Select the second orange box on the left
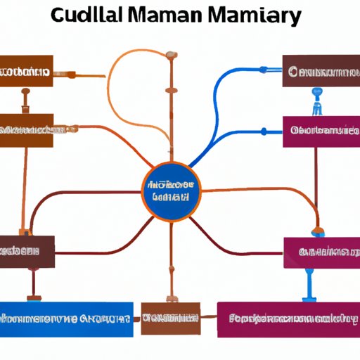point(26,130)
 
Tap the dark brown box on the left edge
point(26,251)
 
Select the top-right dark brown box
point(321,70)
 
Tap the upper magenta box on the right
point(321,131)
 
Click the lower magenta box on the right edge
point(322,252)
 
